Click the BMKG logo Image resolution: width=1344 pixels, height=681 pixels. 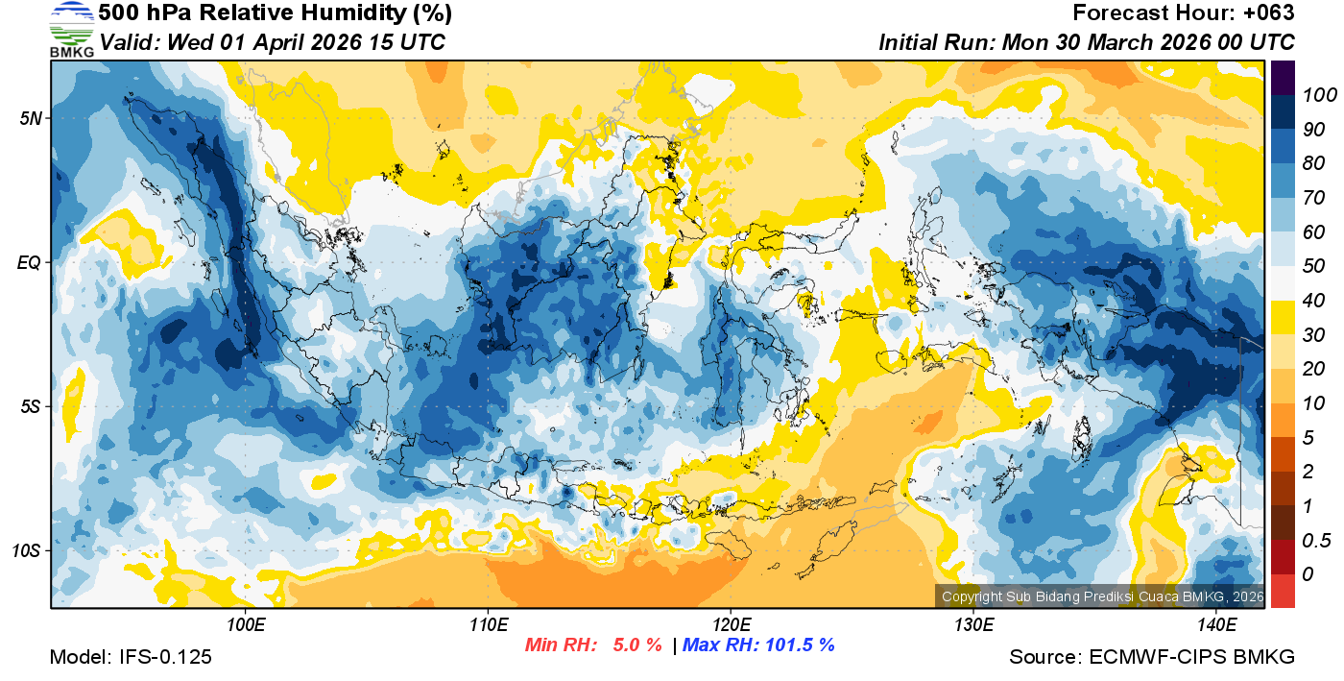(72, 29)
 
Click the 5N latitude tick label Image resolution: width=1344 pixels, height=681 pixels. (29, 118)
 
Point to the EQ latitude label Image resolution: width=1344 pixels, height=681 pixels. (29, 262)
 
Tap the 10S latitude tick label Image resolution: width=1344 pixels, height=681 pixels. (26, 550)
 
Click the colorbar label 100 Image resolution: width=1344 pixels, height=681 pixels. (1312, 94)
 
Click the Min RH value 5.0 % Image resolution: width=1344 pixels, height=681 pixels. (637, 645)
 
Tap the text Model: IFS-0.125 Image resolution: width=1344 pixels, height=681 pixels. (131, 657)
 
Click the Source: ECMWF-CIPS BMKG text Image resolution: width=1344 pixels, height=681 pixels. (1152, 657)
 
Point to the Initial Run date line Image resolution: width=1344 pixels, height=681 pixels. (1087, 42)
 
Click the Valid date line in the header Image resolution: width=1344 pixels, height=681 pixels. (273, 42)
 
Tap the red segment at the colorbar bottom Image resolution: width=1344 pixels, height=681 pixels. (1283, 591)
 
